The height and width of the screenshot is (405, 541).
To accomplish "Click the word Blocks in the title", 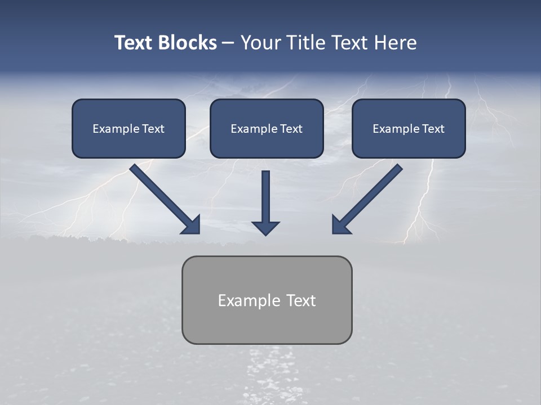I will tap(189, 43).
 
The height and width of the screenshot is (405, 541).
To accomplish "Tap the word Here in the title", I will tap(394, 43).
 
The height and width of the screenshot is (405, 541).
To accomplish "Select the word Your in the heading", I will tap(259, 43).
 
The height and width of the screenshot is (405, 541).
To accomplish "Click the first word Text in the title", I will tap(135, 43).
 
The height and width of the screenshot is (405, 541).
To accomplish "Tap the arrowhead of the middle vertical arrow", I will tap(265, 227).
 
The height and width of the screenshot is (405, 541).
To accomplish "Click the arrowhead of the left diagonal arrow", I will tap(192, 225).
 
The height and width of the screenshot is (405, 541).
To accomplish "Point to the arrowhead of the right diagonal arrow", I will tap(340, 225).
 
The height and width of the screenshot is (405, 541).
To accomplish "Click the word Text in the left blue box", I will tap(153, 129).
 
